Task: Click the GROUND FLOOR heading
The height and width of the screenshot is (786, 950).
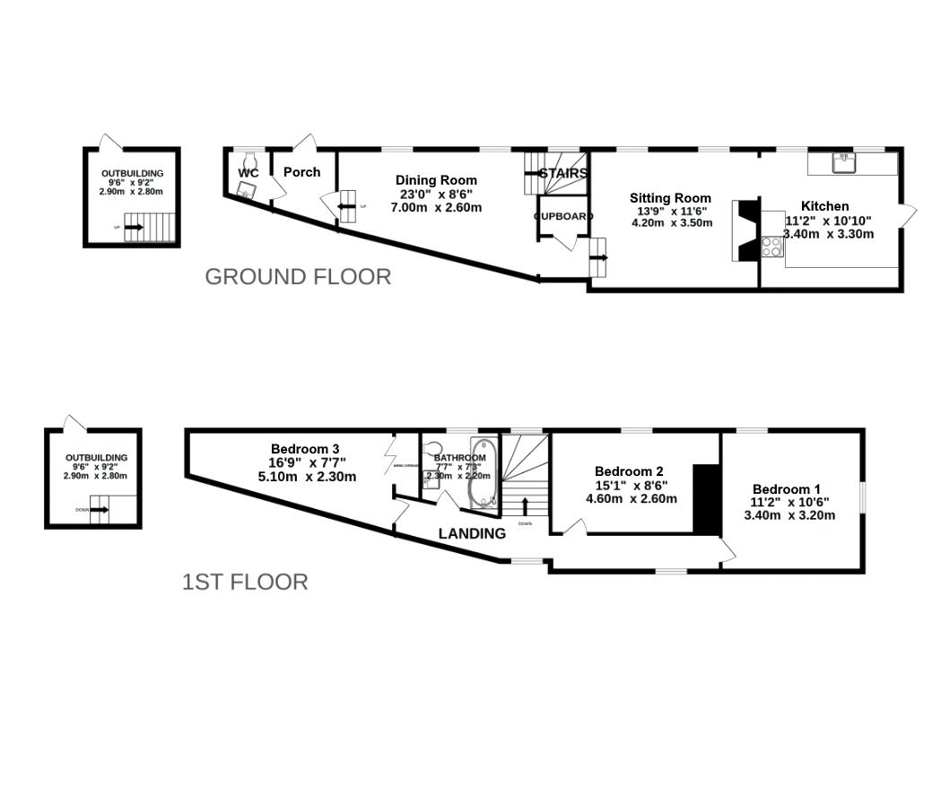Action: click(x=298, y=277)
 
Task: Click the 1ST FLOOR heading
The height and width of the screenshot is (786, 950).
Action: click(x=245, y=583)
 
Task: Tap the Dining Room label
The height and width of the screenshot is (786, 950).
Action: click(x=436, y=180)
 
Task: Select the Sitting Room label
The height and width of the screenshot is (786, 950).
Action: click(x=670, y=198)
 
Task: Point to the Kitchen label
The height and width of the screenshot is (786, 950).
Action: click(x=824, y=206)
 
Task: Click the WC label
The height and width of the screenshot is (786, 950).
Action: click(x=248, y=172)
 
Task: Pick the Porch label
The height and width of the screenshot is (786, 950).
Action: click(x=301, y=172)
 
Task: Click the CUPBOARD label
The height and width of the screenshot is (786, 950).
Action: click(x=563, y=217)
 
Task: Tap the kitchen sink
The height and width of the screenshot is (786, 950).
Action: click(x=843, y=161)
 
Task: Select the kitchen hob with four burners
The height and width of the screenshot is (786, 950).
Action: click(x=771, y=247)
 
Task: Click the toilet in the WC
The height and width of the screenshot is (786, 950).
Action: click(x=246, y=189)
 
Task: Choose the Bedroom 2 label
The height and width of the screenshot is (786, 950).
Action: click(x=629, y=471)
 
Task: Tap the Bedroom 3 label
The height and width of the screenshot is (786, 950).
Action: click(x=305, y=449)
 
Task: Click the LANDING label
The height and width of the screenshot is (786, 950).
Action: click(x=472, y=533)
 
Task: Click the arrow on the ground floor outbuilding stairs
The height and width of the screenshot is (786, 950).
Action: click(x=134, y=228)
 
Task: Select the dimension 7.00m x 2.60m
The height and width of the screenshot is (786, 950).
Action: click(x=436, y=207)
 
